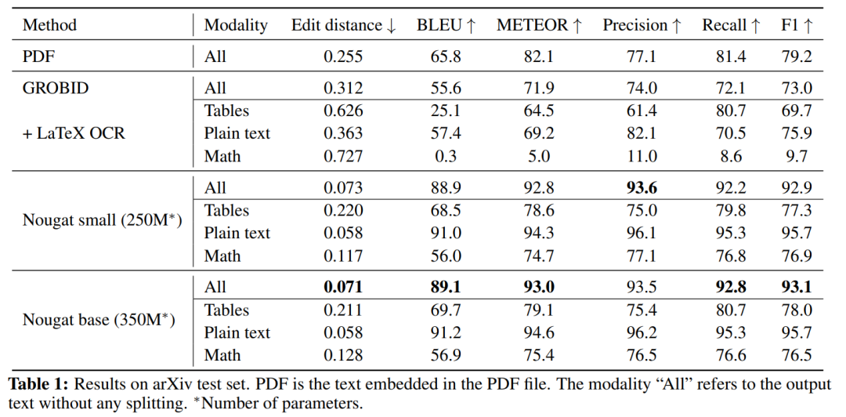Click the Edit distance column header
[x=344, y=25]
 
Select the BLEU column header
[x=446, y=25]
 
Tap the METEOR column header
[x=539, y=25]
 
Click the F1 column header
[x=797, y=25]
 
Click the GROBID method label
[x=56, y=88]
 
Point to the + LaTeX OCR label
[x=74, y=133]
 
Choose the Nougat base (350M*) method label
[x=99, y=320]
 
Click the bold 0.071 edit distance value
[x=344, y=287]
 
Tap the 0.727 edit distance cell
[x=344, y=156]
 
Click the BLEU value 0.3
[x=446, y=156]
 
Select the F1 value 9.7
[x=797, y=156]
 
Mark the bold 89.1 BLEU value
[x=446, y=287]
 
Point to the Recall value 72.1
[x=731, y=88]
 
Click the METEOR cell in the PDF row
[x=539, y=56]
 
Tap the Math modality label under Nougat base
[x=222, y=355]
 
